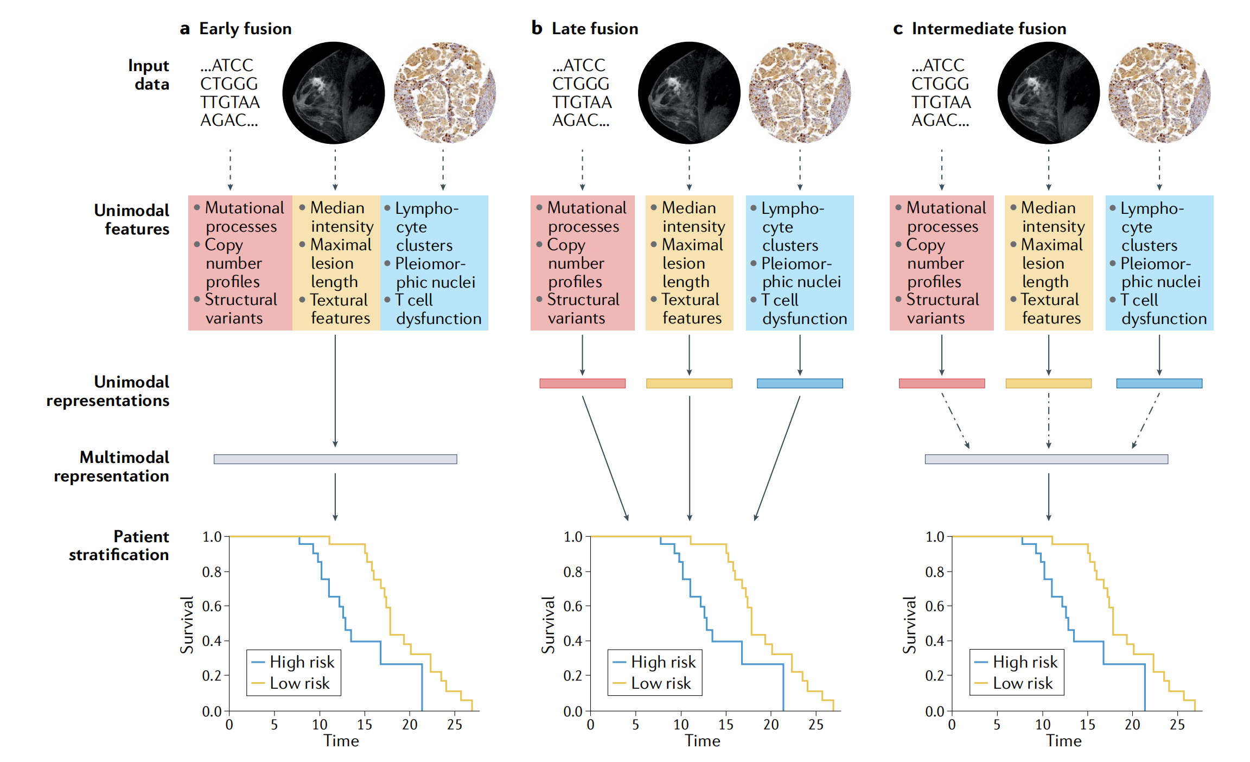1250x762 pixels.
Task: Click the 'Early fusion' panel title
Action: [245, 29]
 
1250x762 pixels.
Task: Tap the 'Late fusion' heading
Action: [595, 29]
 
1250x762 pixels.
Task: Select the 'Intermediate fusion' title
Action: [988, 29]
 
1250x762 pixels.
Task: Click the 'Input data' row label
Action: [149, 74]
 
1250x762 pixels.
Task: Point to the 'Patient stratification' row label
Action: [119, 545]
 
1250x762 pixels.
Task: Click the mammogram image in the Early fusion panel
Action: [334, 93]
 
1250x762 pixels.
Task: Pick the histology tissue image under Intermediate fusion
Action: [1159, 93]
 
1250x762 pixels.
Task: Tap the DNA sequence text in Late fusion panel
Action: [582, 93]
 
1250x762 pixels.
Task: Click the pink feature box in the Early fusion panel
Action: [240, 263]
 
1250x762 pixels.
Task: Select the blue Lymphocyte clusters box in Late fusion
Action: [800, 263]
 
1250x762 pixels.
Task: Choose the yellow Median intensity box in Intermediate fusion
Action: [1049, 263]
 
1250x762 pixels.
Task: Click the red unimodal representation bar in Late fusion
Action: [582, 383]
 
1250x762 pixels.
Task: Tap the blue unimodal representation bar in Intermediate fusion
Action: [1159, 383]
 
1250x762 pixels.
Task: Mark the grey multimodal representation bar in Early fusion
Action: [335, 459]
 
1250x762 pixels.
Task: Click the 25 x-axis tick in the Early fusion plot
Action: [455, 725]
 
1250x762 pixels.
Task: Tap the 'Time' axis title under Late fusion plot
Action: [702, 741]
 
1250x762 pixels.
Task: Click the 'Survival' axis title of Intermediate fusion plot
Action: [909, 625]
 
